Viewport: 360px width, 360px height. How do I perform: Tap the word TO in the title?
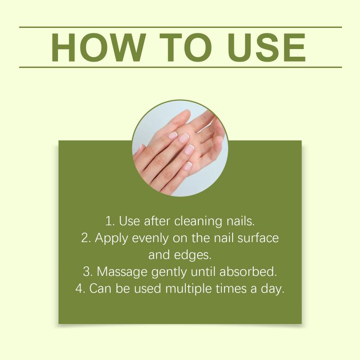185,48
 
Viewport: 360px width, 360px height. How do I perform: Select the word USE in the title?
267,48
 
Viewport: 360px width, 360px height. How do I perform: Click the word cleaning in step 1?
198,221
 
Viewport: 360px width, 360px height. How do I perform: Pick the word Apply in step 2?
111,238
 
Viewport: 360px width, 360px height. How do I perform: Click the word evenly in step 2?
150,238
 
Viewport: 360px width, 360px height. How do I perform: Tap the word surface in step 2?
258,238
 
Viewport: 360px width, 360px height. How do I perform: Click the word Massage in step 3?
122,272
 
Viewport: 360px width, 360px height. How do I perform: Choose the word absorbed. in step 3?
248,272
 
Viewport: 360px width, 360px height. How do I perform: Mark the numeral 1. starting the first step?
110,221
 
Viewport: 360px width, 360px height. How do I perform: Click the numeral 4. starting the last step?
81,289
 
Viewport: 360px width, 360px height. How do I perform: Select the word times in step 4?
231,288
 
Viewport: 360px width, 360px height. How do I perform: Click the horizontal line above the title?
180,27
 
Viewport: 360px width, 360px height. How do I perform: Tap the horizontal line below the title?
180,67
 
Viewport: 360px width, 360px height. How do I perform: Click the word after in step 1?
157,221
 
